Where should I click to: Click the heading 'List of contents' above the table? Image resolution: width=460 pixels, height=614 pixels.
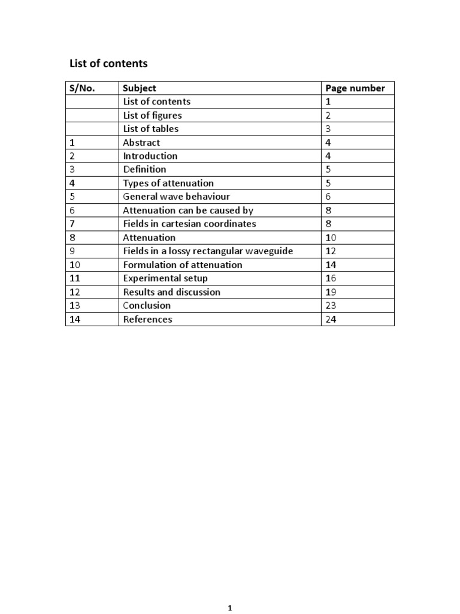108,64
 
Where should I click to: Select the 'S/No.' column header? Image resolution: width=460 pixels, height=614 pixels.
83,88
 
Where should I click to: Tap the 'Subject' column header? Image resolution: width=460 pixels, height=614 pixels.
140,88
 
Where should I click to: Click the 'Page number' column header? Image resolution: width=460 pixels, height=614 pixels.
355,88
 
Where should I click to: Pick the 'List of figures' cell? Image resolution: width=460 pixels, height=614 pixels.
152,115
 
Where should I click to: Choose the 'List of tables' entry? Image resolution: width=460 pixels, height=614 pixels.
150,129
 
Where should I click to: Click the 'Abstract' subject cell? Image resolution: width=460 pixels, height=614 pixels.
141,143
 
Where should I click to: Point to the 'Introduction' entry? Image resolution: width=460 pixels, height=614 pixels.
150,156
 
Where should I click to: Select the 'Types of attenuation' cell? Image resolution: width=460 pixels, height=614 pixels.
168,183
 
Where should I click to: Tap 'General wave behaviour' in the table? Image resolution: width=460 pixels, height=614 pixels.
176,197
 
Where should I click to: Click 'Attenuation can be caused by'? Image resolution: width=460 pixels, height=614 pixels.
188,210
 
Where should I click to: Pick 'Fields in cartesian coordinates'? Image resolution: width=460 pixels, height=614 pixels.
189,224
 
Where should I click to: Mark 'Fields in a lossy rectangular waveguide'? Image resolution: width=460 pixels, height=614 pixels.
208,251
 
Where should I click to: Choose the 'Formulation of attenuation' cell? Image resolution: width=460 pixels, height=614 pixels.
183,265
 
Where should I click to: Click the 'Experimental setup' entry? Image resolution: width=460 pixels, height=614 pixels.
165,278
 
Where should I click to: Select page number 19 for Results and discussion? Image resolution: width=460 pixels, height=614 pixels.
331,292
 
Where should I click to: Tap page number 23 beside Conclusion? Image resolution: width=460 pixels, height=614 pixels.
331,306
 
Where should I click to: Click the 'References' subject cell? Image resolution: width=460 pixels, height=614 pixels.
147,320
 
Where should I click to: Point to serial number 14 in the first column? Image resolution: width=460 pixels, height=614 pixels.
75,320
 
